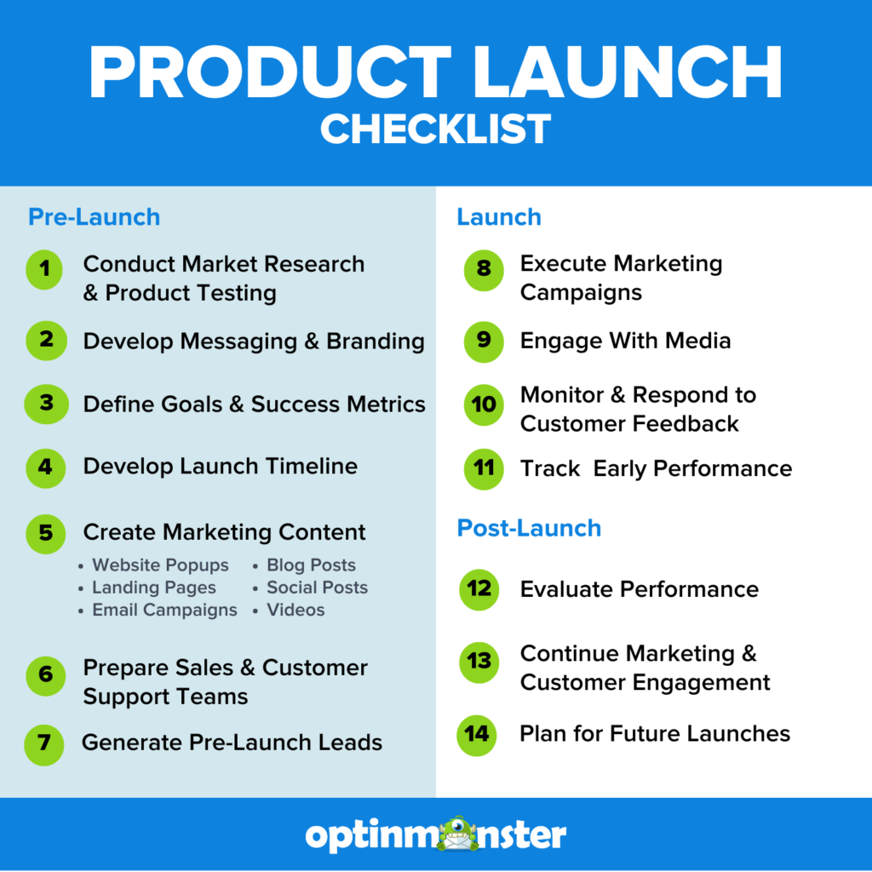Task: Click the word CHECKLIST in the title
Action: (435, 129)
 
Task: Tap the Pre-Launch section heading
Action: (94, 217)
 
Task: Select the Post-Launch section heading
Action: (529, 528)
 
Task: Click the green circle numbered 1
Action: (45, 270)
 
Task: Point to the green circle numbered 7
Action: (44, 744)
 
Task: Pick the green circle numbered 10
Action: (484, 404)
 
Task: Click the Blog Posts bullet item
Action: (311, 565)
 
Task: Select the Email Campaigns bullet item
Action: (164, 610)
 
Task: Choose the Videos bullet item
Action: (295, 610)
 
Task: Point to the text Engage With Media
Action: (625, 341)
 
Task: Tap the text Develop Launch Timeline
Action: (220, 467)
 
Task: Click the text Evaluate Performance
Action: (639, 589)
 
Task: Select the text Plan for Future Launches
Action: (655, 733)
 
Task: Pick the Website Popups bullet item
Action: (160, 565)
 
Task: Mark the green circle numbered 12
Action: (479, 589)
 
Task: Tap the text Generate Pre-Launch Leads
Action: (232, 743)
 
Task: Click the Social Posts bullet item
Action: (317, 588)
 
